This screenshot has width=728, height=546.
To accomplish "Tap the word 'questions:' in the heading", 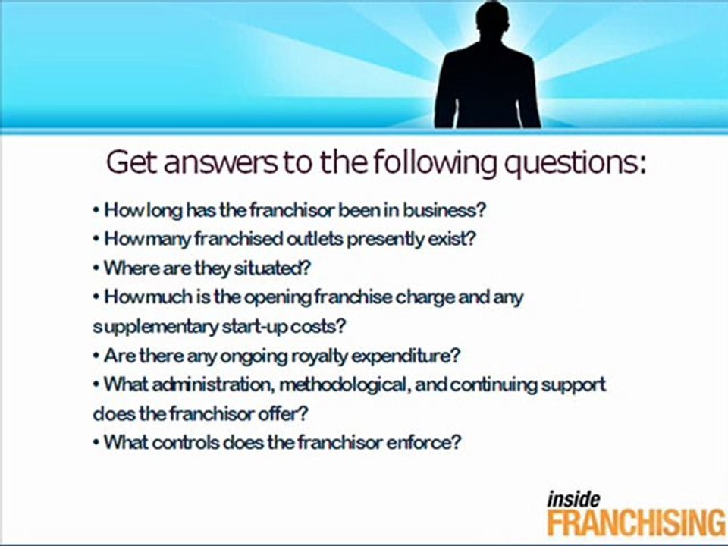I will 558,163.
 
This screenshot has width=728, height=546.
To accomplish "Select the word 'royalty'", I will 328,355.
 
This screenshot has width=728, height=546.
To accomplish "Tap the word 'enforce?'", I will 424,443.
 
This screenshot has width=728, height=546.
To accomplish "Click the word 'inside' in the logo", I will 573,499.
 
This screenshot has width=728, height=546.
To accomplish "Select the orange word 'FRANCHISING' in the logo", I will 636,523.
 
